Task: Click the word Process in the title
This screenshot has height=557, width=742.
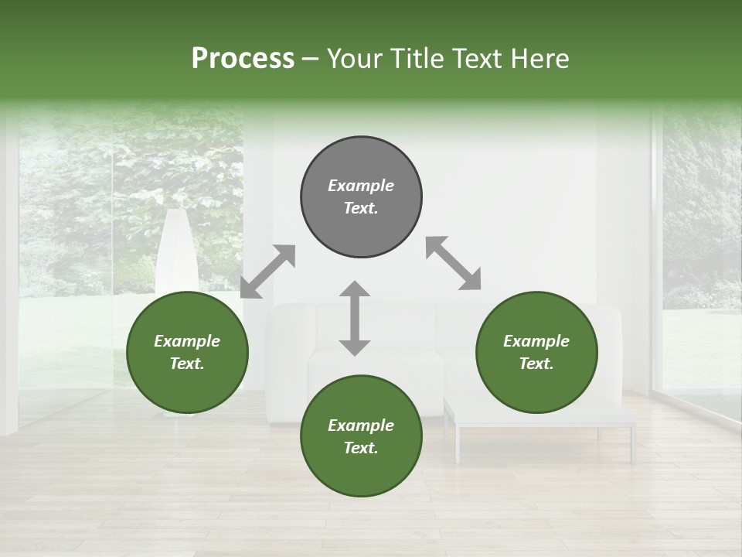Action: (243, 59)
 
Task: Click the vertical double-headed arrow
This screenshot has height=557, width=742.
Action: (355, 318)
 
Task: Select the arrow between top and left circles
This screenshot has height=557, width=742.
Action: (268, 272)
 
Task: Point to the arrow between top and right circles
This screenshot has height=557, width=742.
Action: (453, 264)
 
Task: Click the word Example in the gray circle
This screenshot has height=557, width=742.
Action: (361, 186)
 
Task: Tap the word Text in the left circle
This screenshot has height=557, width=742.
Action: (187, 364)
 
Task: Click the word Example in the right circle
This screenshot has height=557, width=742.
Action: (536, 341)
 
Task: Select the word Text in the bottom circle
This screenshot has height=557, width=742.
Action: (361, 448)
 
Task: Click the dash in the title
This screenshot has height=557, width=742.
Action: (310, 60)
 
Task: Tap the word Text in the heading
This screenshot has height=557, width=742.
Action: (475, 59)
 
